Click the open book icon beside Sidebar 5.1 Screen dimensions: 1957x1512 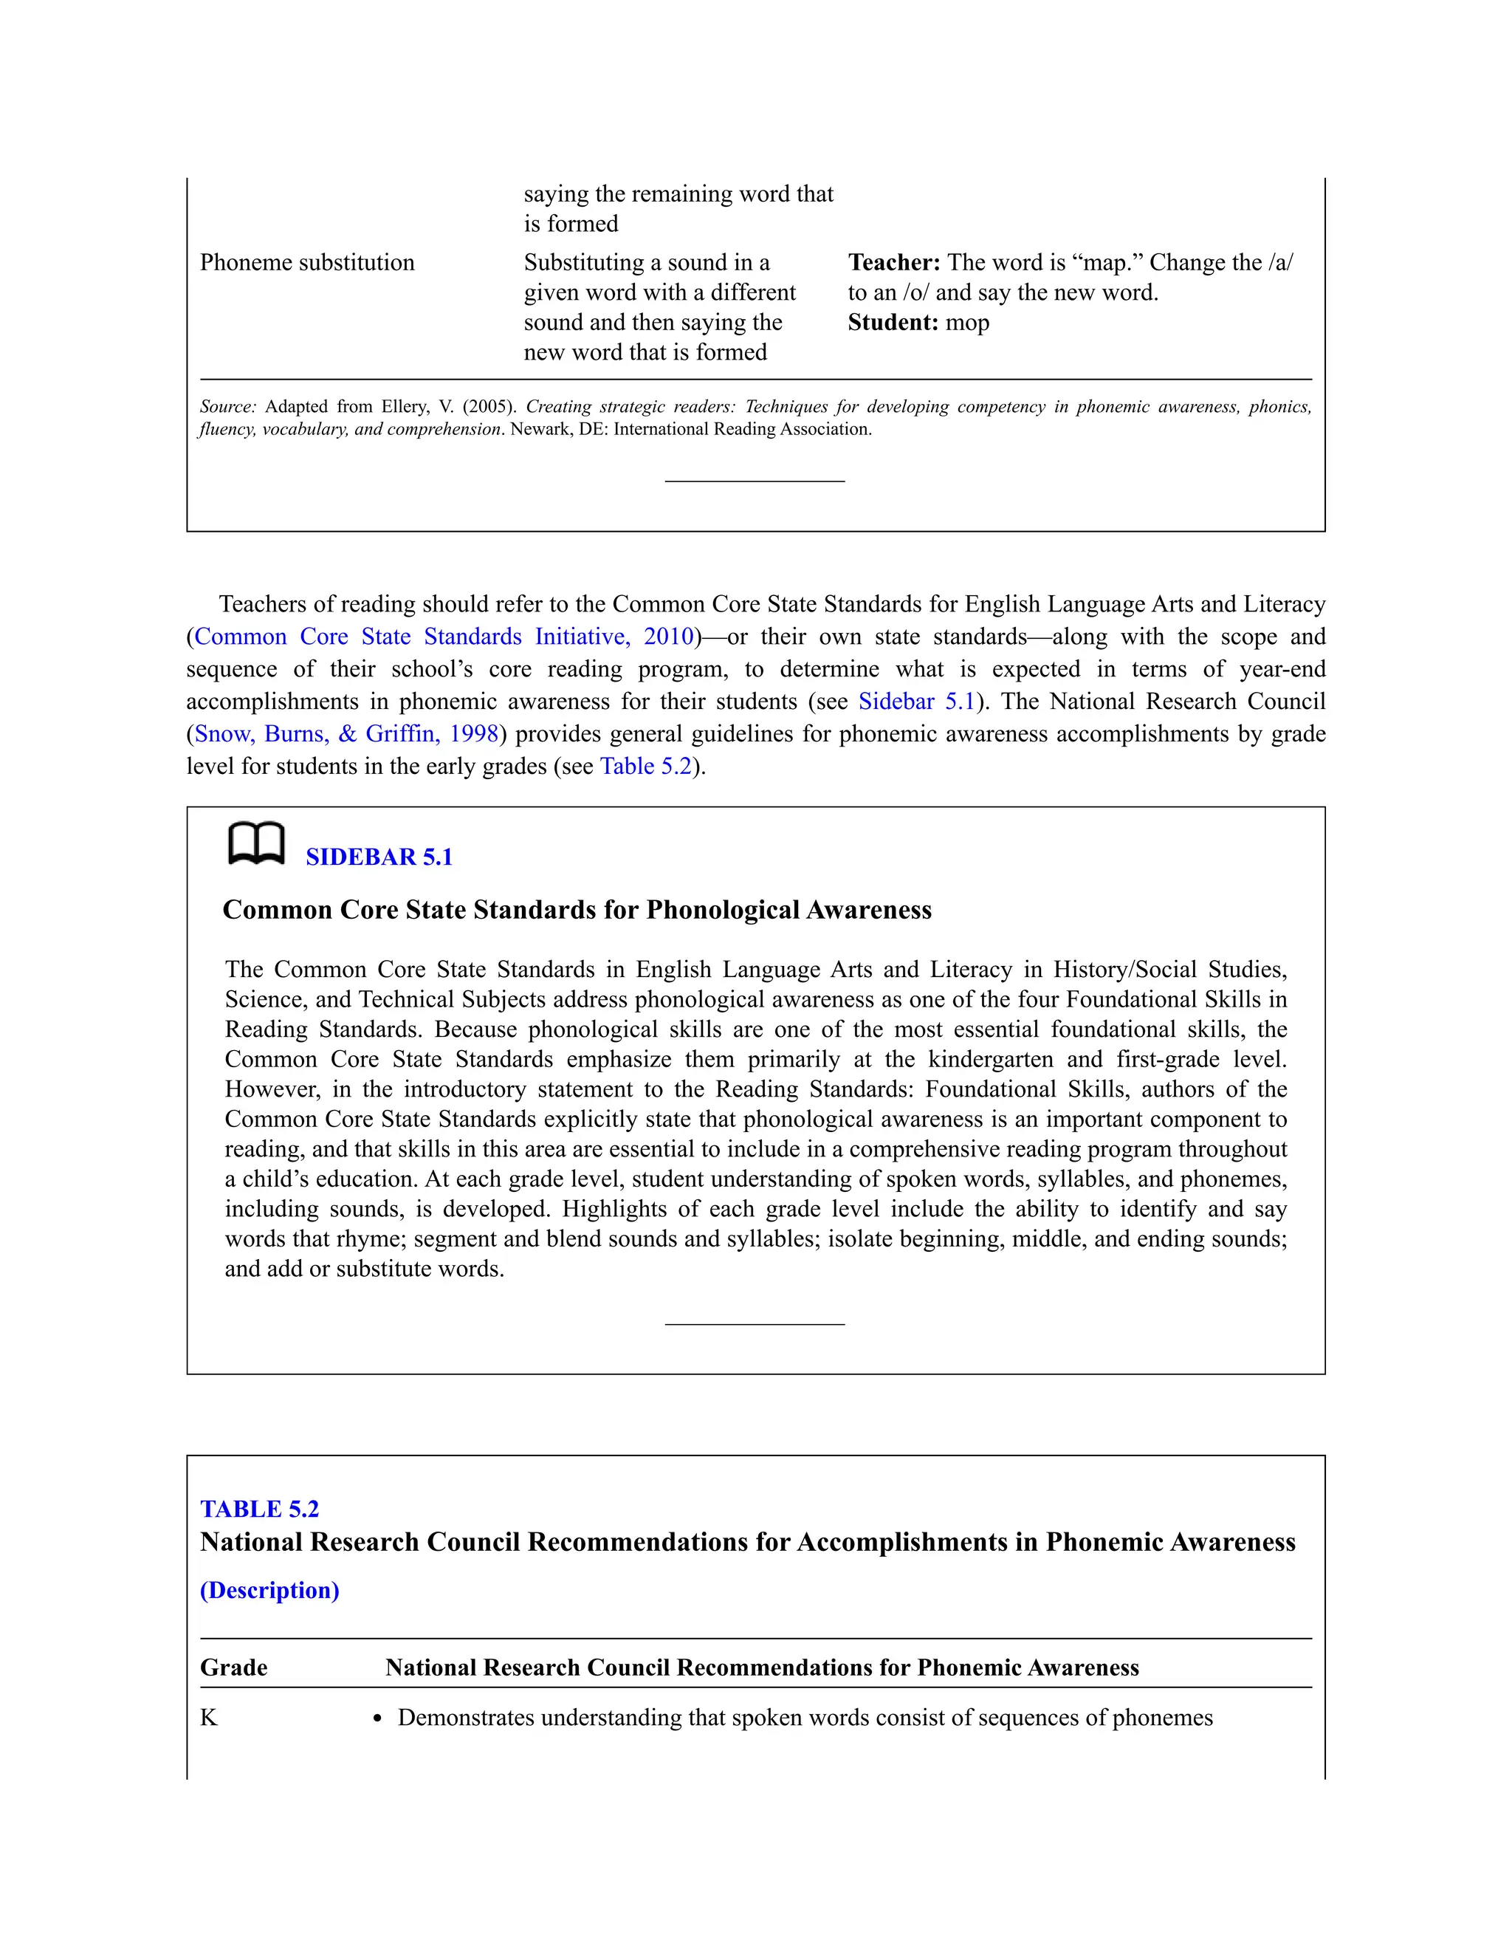click(256, 844)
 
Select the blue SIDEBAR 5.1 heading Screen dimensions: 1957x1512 click(379, 857)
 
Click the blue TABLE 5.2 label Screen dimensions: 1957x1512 click(259, 1509)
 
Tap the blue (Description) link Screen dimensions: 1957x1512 click(269, 1590)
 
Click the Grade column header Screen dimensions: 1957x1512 click(234, 1667)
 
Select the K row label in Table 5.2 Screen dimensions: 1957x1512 click(209, 1717)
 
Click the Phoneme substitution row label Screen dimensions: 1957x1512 click(307, 263)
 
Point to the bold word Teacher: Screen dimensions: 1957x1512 click(893, 263)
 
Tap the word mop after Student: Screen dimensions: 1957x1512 click(967, 323)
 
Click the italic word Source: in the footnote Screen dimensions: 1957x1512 click(227, 407)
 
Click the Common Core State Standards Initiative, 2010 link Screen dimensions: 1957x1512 click(444, 637)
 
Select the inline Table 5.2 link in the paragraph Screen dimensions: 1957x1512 click(646, 766)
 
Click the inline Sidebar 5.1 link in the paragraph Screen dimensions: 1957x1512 click(915, 702)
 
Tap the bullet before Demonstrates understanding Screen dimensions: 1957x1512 click(378, 1718)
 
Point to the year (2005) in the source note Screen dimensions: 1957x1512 click(489, 407)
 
